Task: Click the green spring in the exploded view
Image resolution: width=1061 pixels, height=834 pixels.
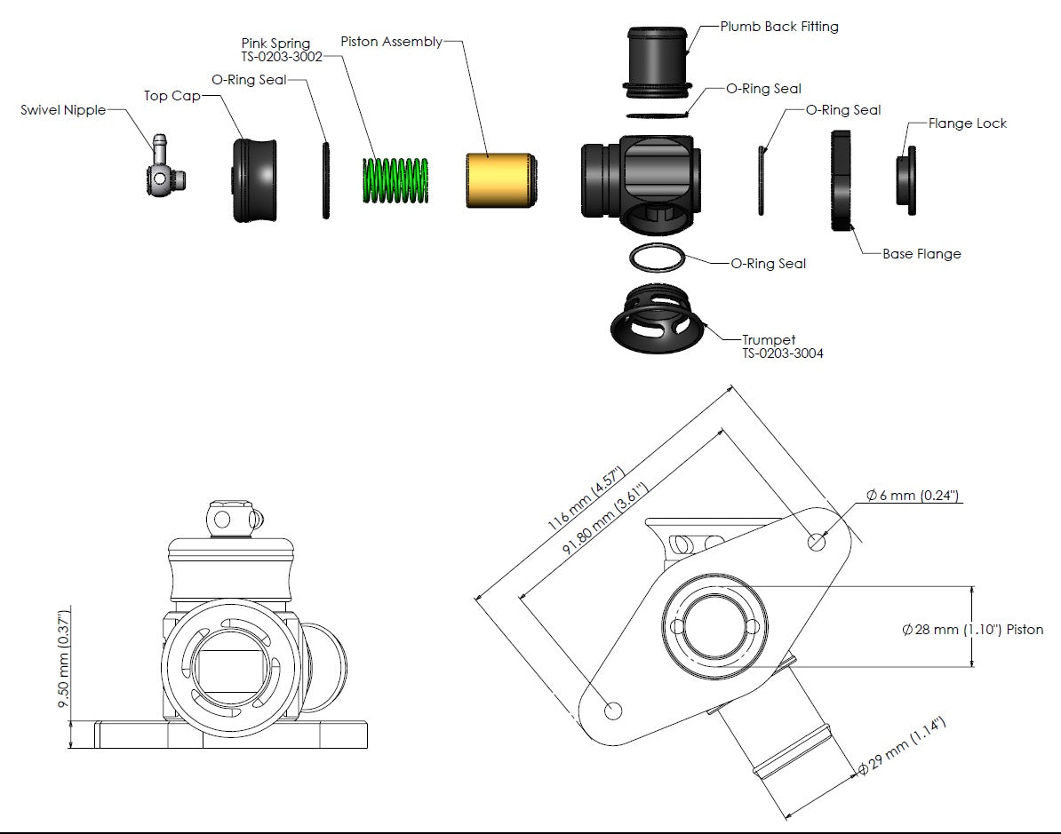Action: (x=395, y=182)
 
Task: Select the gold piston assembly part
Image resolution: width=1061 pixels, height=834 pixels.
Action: (x=499, y=180)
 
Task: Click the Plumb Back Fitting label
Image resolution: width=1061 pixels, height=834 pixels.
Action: (x=778, y=27)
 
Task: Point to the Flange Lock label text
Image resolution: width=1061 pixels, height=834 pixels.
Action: (x=967, y=123)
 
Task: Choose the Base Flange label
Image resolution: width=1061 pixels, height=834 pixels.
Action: (x=921, y=254)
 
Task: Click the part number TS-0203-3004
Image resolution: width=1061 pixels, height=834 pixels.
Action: (x=783, y=353)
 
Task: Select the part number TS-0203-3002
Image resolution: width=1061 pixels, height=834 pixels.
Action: (x=282, y=56)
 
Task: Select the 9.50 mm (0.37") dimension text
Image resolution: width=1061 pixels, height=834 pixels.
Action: (x=63, y=658)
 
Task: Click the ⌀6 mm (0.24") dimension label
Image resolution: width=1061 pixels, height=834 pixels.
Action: (x=913, y=496)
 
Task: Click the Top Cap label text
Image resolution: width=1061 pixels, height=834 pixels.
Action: (x=172, y=95)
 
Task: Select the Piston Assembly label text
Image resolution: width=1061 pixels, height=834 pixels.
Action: (x=392, y=42)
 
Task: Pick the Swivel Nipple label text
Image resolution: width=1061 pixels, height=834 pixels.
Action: (x=63, y=111)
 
